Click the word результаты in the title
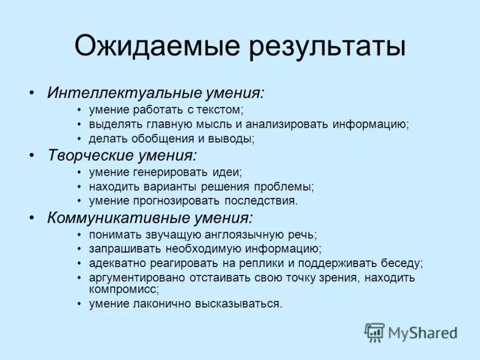click(322, 47)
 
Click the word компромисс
click(123, 289)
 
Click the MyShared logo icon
click(374, 332)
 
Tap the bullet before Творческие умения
click(32, 156)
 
